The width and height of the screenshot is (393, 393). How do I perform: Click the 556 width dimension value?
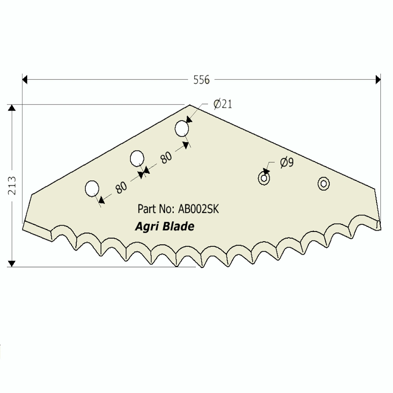[x=202, y=80]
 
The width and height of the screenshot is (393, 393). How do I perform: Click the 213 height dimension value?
[x=12, y=185]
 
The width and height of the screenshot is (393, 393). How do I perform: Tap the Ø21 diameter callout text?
[x=223, y=104]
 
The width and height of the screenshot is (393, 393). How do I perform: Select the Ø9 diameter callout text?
[x=287, y=162]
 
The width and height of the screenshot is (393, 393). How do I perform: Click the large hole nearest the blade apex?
[x=182, y=129]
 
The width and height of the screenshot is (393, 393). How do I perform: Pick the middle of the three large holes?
[x=137, y=159]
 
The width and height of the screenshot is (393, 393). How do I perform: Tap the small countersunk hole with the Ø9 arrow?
[x=264, y=178]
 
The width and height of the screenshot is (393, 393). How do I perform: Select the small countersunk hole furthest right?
[x=323, y=183]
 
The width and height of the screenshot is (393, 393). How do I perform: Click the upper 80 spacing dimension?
[x=166, y=157]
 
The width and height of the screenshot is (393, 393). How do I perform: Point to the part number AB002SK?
[x=198, y=209]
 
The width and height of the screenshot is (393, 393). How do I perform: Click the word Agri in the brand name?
[x=145, y=227]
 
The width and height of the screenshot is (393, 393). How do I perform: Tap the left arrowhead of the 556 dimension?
[x=24, y=80]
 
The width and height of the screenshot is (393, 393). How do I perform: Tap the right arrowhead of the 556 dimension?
[x=378, y=80]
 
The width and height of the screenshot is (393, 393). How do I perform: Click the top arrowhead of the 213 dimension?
[x=12, y=108]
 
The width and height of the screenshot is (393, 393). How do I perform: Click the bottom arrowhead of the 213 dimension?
[x=12, y=263]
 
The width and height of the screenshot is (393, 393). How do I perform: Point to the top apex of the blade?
[x=190, y=105]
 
